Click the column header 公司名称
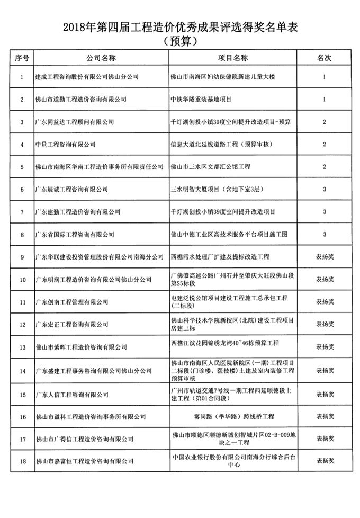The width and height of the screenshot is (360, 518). pos(101,58)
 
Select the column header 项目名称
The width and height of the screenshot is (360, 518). pos(233,58)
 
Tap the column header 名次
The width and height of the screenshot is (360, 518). pos(324,58)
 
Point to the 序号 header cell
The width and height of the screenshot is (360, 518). pos(22,58)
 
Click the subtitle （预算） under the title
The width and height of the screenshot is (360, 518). pos(180,41)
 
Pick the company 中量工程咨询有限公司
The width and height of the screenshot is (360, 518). pos(65,144)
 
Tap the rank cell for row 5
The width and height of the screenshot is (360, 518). pos(324,167)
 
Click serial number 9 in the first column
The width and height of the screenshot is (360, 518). pos(22,257)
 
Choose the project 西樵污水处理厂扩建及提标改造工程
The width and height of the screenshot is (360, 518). pos(220,257)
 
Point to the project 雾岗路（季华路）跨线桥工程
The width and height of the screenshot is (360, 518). pos(233,417)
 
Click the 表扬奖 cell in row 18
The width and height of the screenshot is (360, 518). pos(324,461)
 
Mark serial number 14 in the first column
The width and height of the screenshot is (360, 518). pos(22,371)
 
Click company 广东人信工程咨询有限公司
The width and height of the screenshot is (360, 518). pos(71,395)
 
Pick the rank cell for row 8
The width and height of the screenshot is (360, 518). pos(324,234)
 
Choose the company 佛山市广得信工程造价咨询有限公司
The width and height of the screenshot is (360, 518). pos(84,439)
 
